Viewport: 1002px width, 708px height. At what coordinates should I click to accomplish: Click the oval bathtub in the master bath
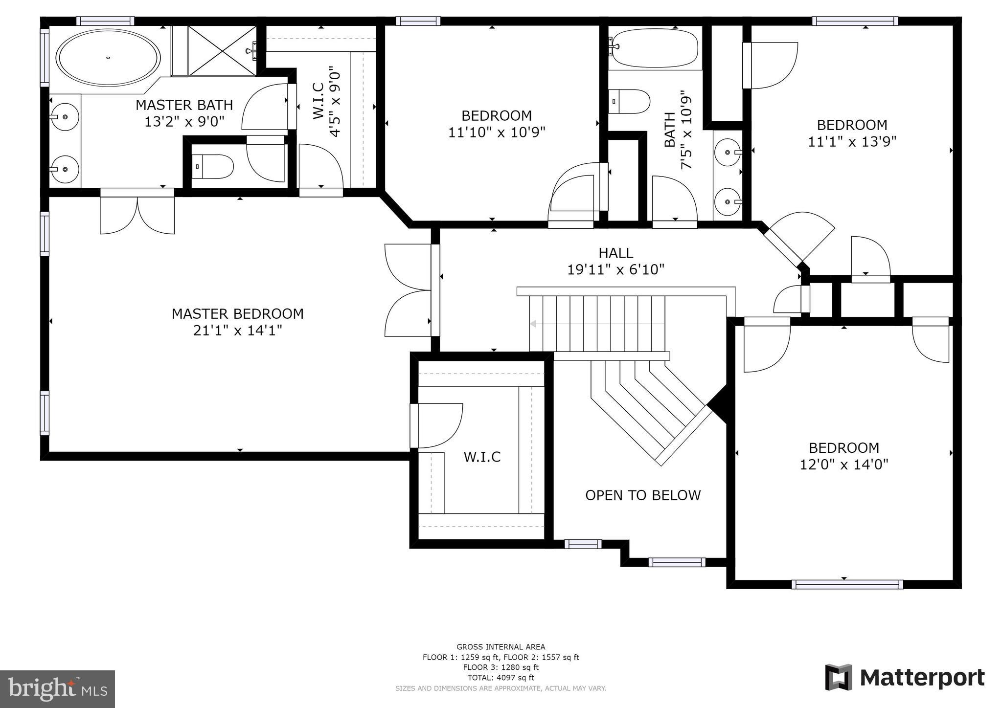[x=108, y=58]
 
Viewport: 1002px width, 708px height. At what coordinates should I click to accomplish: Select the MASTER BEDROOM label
[x=237, y=314]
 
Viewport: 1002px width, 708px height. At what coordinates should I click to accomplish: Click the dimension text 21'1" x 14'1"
[x=237, y=331]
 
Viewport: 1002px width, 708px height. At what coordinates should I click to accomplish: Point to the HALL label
[x=615, y=253]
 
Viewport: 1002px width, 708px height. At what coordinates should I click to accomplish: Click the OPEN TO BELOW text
[x=643, y=495]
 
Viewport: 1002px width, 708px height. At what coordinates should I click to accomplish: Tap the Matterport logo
[x=905, y=678]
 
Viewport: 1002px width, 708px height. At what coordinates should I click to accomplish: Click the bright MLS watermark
[x=57, y=689]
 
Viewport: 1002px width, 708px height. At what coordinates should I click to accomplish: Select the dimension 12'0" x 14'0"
[x=843, y=464]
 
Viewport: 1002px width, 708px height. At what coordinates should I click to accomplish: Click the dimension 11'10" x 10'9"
[x=497, y=132]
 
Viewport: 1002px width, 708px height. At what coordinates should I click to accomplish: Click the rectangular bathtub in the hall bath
[x=655, y=48]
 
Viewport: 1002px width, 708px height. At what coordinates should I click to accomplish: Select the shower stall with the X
[x=222, y=50]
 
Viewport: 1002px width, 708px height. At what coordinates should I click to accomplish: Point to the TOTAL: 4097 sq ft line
[x=501, y=678]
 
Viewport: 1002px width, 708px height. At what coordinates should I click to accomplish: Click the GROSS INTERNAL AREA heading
[x=501, y=647]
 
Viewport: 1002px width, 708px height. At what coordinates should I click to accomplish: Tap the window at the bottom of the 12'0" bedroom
[x=846, y=584]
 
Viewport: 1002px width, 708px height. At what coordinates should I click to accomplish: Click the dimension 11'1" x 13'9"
[x=851, y=142]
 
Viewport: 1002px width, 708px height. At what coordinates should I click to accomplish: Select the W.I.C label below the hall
[x=482, y=457]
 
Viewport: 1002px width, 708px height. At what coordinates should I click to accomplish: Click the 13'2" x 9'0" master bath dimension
[x=184, y=121]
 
